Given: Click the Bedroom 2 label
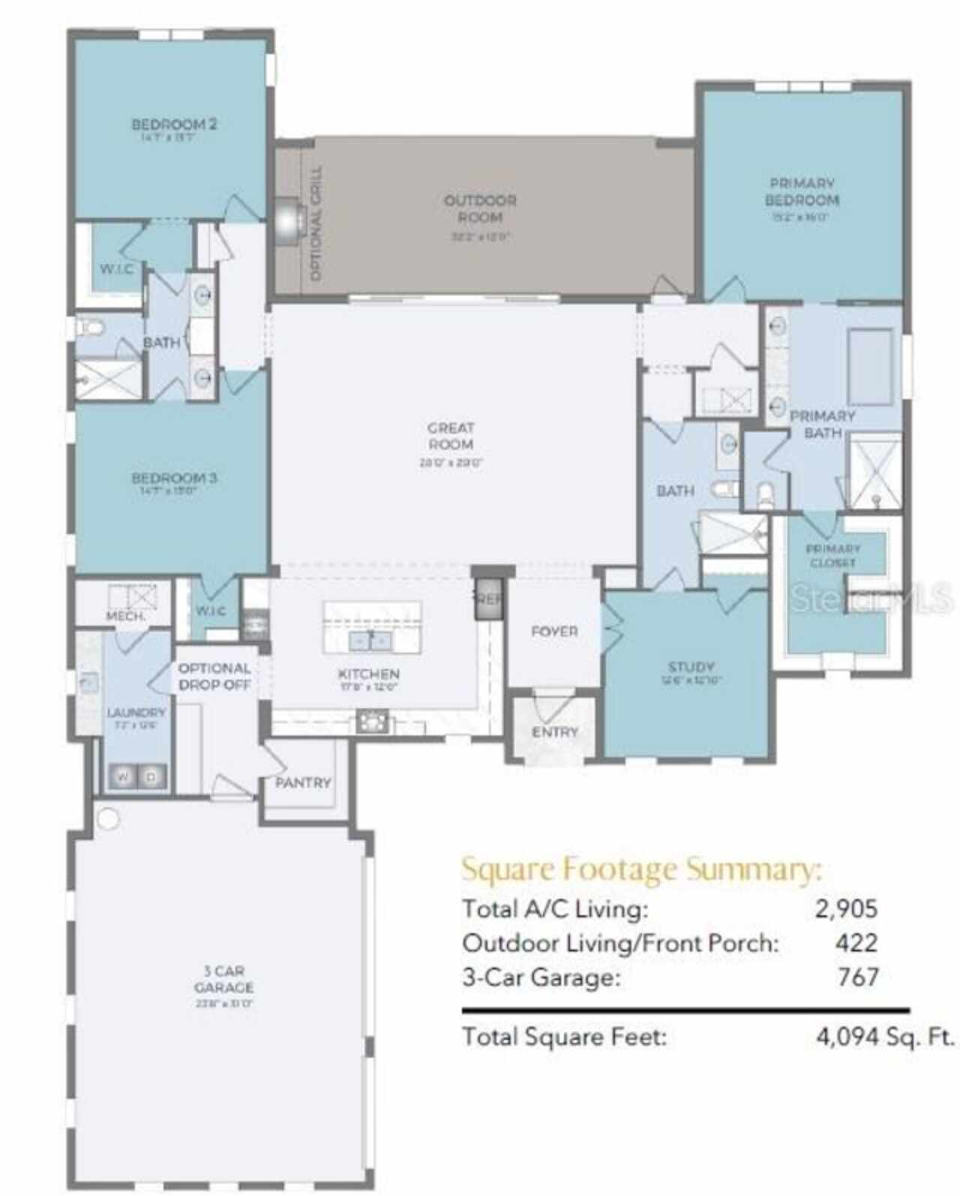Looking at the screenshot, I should pyautogui.click(x=174, y=125).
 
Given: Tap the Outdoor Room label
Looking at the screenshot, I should pyautogui.click(x=480, y=209).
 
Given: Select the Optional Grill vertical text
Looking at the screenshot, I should pyautogui.click(x=316, y=224).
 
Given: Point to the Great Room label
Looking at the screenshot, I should pyautogui.click(x=451, y=436).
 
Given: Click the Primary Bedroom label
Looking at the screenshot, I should pyautogui.click(x=802, y=192).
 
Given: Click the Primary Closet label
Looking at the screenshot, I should pyautogui.click(x=833, y=555).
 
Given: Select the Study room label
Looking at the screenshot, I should pyautogui.click(x=691, y=667).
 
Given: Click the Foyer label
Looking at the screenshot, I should pyautogui.click(x=554, y=632).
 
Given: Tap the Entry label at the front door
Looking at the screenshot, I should pyautogui.click(x=555, y=732).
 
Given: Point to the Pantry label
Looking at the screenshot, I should pyautogui.click(x=303, y=783).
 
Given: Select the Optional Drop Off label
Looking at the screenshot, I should pyautogui.click(x=214, y=676).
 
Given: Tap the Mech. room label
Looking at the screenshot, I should pyautogui.click(x=125, y=616).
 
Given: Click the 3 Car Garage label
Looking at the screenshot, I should pyautogui.click(x=223, y=979).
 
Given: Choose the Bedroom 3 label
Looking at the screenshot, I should pyautogui.click(x=174, y=478).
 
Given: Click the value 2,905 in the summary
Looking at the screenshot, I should pyautogui.click(x=846, y=909).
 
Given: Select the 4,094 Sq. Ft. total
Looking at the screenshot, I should pyautogui.click(x=885, y=1037).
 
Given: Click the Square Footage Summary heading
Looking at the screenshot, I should pyautogui.click(x=641, y=870).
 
